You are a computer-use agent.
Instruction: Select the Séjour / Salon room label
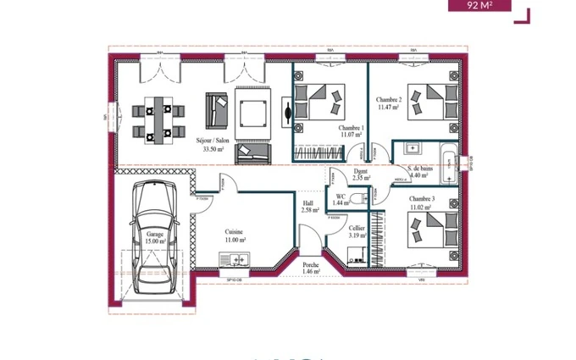tap(213, 144)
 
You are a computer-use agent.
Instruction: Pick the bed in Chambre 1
tap(321, 102)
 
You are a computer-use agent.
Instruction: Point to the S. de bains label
tap(421, 172)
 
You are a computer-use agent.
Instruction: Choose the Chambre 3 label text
tap(421, 202)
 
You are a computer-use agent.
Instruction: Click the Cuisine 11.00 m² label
tap(235, 235)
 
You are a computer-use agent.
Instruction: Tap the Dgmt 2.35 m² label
tap(362, 174)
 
